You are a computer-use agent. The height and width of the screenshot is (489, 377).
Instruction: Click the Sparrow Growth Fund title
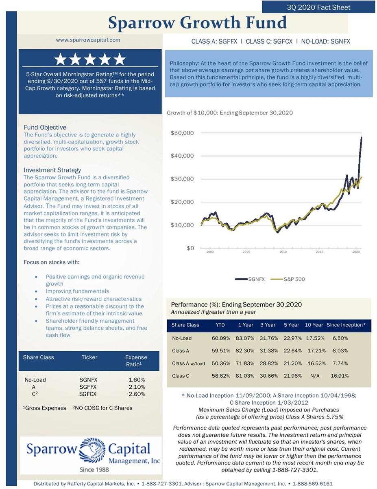coord(197,23)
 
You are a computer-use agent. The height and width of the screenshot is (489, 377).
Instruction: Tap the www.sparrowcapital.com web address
coord(88,40)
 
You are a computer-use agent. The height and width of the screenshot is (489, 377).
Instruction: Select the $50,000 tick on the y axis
coord(182,133)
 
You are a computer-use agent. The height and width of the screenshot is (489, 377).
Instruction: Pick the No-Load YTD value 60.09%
coord(221,338)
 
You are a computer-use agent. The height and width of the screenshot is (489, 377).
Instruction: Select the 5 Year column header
coord(291,325)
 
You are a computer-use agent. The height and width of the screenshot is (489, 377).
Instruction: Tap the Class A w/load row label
coord(188,363)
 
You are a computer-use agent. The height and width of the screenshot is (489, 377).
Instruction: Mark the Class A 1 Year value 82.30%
coord(245,350)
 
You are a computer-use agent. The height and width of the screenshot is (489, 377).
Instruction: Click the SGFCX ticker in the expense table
coord(88,394)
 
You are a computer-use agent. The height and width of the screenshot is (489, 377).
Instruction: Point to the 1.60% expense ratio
coord(137,380)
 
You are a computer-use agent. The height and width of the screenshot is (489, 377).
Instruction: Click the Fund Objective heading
coord(45,127)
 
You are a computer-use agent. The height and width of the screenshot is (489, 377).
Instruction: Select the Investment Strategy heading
coord(52,170)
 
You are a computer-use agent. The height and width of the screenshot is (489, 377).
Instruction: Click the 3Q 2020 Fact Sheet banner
coord(318,7)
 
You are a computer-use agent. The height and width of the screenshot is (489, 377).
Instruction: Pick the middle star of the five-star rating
coord(90,59)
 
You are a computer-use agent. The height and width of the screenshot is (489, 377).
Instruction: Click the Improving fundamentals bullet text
coord(77,291)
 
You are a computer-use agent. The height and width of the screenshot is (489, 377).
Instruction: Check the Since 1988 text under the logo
coord(94,469)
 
